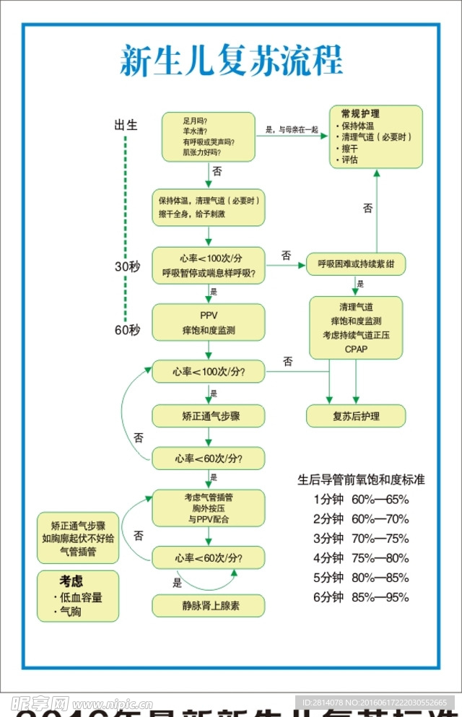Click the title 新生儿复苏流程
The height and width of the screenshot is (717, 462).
pos(230,61)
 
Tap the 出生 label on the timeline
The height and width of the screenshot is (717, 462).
pos(126,124)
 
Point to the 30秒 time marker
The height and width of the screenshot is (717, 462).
pos(127,266)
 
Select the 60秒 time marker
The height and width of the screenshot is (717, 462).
pos(127,331)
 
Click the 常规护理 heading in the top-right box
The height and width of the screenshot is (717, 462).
pos(360,114)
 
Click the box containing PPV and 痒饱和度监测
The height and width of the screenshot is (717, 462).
pos(208,322)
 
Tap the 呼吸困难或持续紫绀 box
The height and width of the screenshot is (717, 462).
pos(356,264)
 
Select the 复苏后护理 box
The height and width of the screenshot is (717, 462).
pos(356,416)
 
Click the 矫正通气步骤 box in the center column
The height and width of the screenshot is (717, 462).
pos(208,416)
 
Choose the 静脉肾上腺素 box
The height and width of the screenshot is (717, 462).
pos(208,606)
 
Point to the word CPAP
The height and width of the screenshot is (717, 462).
pos(356,349)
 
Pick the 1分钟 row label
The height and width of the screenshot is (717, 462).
pos(328,499)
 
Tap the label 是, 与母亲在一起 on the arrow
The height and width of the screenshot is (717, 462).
pos(292,130)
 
